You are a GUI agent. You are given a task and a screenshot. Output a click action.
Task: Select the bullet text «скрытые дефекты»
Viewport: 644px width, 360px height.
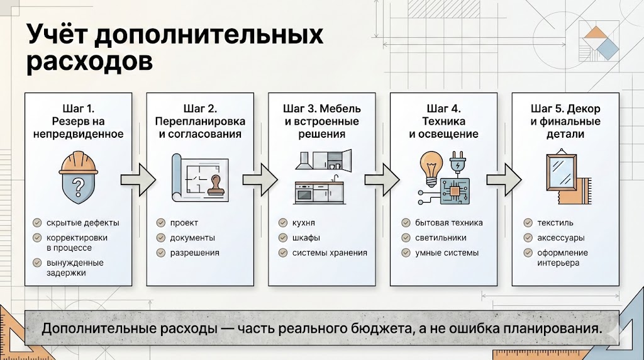click(x=83, y=223)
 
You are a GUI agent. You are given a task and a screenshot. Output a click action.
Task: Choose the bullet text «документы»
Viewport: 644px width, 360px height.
click(x=192, y=238)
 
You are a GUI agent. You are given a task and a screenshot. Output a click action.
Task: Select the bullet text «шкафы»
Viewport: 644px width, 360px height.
click(x=306, y=238)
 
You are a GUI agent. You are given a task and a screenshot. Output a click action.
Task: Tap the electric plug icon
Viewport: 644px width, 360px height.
click(x=458, y=164)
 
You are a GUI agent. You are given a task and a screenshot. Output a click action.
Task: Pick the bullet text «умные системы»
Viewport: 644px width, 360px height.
click(x=447, y=253)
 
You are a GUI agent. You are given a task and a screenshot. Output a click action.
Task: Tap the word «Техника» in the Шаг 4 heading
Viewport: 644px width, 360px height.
click(x=443, y=121)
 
